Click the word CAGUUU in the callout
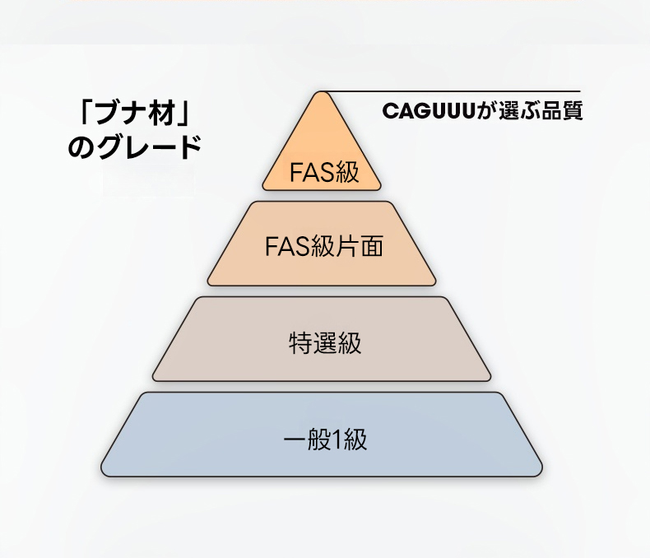[x=430, y=110]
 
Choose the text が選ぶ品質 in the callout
[x=531, y=110]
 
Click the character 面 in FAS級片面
[x=372, y=246]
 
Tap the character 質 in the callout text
[x=573, y=110]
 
